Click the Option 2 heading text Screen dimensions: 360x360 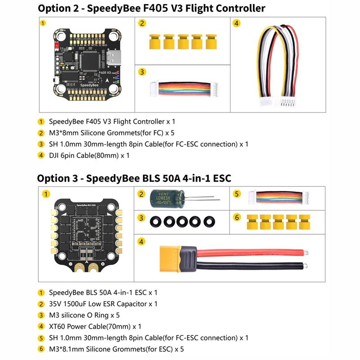click(x=151, y=8)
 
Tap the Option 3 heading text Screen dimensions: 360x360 click(x=134, y=178)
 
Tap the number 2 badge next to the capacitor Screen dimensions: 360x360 click(x=142, y=194)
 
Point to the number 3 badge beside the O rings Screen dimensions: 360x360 click(x=142, y=218)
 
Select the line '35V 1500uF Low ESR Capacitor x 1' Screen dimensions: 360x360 click(x=103, y=304)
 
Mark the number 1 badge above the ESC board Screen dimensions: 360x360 click(x=45, y=194)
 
